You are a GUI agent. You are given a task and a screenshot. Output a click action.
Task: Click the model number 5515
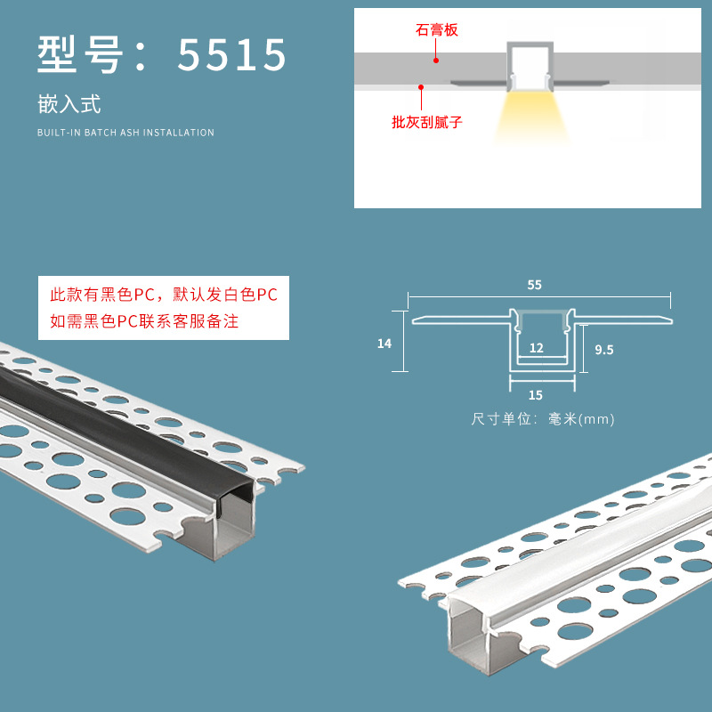pyautogui.click(x=231, y=54)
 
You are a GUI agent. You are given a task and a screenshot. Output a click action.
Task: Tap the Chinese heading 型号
pyautogui.click(x=80, y=54)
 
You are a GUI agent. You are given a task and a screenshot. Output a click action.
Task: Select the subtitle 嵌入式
pyautogui.click(x=69, y=104)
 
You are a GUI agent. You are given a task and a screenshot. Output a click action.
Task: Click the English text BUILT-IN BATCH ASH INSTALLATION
pyautogui.click(x=125, y=133)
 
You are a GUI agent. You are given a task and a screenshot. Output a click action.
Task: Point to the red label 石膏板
pyautogui.click(x=436, y=30)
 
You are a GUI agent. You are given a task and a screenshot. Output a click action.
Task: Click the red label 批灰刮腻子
pyautogui.click(x=427, y=122)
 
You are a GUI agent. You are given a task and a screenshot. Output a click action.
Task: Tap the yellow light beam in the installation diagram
pyautogui.click(x=530, y=117)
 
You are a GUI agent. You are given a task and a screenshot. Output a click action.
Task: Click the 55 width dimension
pyautogui.click(x=535, y=285)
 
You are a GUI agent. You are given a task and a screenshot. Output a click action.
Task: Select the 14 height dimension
pyautogui.click(x=384, y=344)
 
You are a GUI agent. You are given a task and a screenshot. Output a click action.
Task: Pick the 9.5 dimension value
pyautogui.click(x=604, y=350)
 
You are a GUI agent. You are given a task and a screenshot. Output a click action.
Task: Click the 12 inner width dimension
pyautogui.click(x=537, y=348)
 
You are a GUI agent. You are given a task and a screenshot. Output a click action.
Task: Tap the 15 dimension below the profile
pyautogui.click(x=536, y=395)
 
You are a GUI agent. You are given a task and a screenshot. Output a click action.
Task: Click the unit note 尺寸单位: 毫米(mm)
pyautogui.click(x=543, y=418)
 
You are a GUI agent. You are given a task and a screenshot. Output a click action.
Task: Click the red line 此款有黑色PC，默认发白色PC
pyautogui.click(x=164, y=295)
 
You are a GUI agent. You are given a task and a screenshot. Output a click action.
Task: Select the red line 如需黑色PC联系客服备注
pyautogui.click(x=144, y=321)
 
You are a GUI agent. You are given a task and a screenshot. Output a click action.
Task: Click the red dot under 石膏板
pyautogui.click(x=436, y=60)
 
